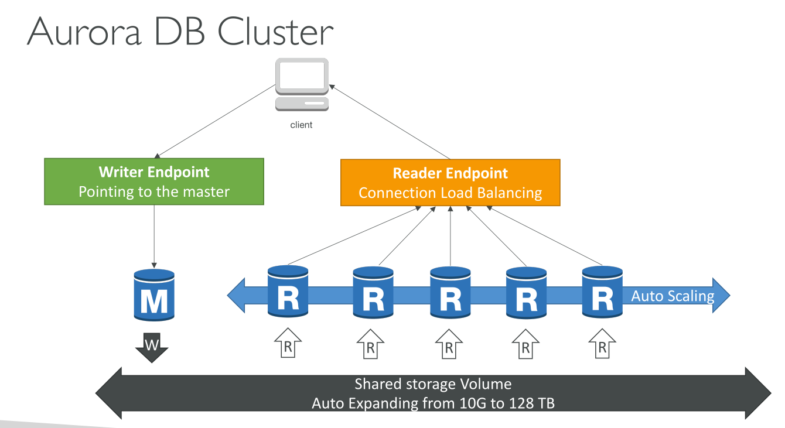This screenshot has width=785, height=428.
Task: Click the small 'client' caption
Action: (x=301, y=125)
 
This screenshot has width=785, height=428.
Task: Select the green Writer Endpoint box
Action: (x=154, y=182)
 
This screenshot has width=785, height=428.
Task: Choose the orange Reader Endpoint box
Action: (x=450, y=182)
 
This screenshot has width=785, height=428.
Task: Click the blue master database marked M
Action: (x=154, y=295)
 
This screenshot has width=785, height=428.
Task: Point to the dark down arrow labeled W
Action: (x=152, y=347)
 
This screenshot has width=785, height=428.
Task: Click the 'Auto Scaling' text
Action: (x=673, y=296)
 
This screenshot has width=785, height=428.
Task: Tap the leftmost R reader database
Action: (x=288, y=292)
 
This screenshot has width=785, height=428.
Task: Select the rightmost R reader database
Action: (x=602, y=292)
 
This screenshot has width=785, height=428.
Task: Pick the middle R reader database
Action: (x=450, y=292)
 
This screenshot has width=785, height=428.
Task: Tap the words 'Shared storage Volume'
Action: (x=433, y=384)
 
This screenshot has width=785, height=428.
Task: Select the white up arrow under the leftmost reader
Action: (x=288, y=344)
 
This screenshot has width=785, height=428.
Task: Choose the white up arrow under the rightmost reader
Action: (x=602, y=344)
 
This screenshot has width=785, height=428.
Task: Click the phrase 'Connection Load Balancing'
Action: (x=450, y=193)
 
